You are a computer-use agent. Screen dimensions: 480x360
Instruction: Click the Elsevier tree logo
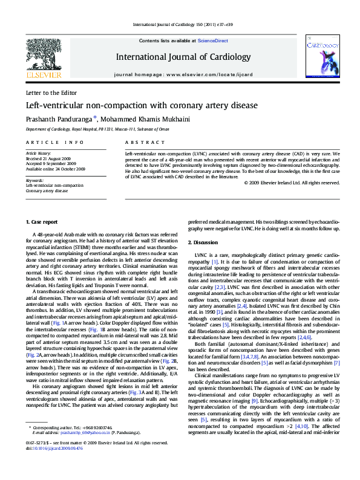(x=43, y=56)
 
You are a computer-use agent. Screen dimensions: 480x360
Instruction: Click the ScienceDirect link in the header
(x=213, y=40)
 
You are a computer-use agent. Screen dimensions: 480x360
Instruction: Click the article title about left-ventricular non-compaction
(x=133, y=105)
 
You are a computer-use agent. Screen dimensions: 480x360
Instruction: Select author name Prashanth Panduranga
(x=58, y=118)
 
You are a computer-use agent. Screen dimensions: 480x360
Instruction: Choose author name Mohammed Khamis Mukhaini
(x=139, y=118)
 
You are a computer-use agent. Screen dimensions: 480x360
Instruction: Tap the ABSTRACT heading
(x=139, y=142)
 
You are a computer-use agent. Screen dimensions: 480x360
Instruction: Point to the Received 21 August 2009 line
(x=50, y=158)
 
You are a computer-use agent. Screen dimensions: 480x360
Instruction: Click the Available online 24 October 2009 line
(x=55, y=169)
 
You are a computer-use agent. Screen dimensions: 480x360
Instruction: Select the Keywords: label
(x=34, y=180)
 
